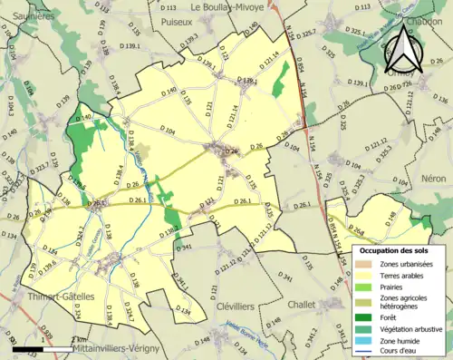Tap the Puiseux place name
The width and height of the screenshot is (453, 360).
pos(177,19)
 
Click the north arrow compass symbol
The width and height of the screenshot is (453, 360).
pos(405,48)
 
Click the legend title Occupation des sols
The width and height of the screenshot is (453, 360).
pos(395,249)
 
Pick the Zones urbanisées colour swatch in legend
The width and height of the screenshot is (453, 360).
pos(364,264)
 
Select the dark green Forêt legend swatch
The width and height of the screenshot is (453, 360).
pos(364,316)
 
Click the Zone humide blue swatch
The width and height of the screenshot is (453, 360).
pos(364,341)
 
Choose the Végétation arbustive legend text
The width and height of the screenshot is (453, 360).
pos(414,328)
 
